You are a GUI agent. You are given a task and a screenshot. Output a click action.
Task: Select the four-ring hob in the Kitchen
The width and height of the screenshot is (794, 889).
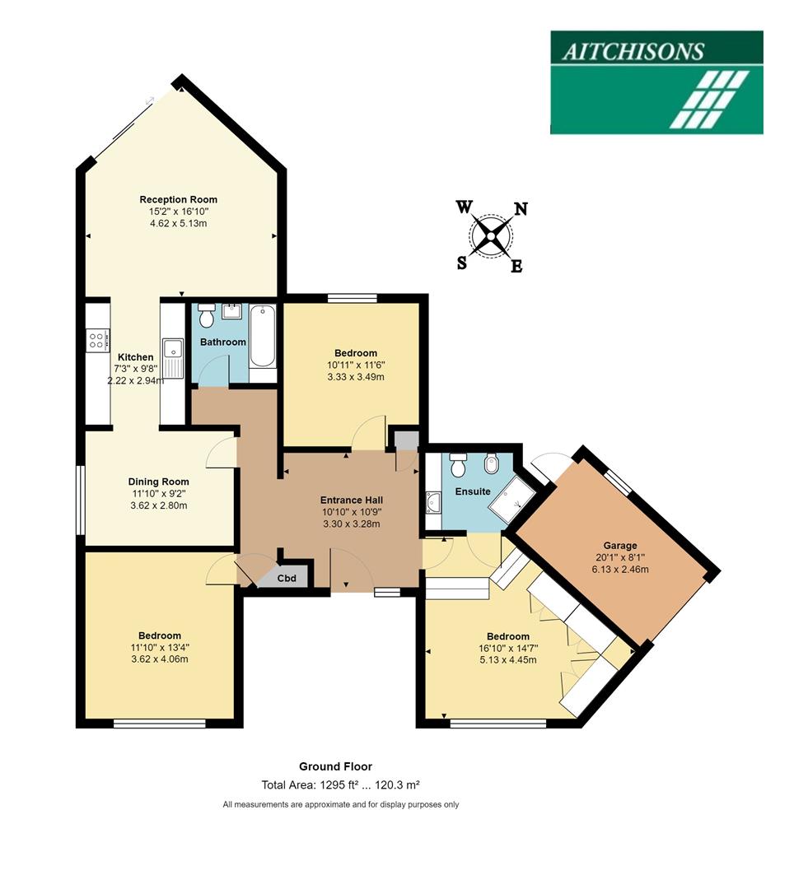(96, 340)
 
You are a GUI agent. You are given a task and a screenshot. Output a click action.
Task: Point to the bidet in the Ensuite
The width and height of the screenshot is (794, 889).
(492, 466)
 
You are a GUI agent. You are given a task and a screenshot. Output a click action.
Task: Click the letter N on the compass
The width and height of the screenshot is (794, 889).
(521, 209)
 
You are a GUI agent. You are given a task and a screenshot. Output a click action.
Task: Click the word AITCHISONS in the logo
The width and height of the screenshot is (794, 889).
(633, 51)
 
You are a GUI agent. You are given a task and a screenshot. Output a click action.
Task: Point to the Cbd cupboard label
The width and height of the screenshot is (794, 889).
(287, 578)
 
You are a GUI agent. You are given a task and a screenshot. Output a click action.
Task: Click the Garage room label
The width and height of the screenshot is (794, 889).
(620, 545)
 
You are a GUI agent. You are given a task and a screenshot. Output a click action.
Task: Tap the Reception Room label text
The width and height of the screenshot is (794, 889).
(179, 199)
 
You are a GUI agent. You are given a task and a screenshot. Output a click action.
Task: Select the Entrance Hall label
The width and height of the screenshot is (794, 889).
(352, 500)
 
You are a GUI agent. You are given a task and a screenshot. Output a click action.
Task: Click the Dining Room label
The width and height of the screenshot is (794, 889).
(158, 482)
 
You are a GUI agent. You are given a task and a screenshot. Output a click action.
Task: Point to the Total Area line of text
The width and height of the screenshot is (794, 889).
(341, 785)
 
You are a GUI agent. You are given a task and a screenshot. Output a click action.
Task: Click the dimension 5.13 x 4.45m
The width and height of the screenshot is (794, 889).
(508, 659)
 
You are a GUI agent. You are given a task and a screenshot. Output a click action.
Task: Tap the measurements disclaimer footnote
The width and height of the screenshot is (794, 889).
(341, 804)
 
